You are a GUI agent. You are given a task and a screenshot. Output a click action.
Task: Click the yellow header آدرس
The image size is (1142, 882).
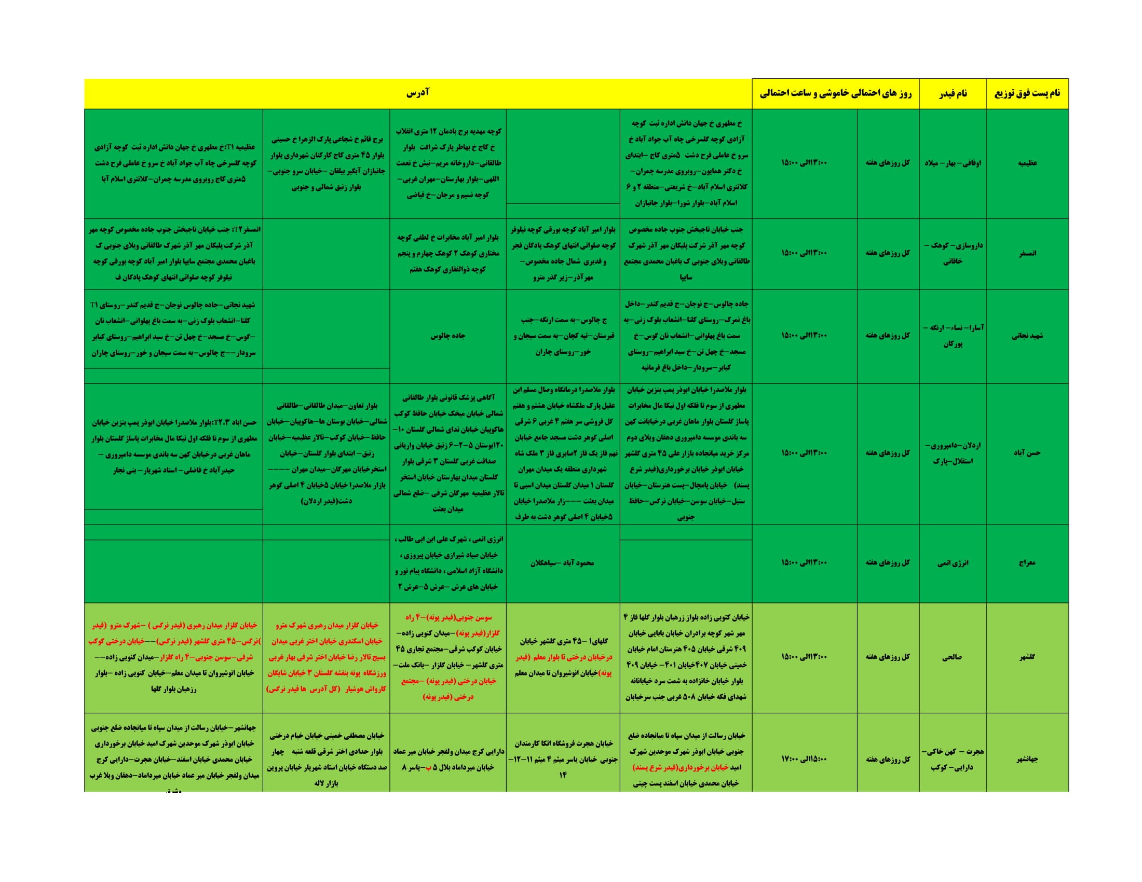point(418,93)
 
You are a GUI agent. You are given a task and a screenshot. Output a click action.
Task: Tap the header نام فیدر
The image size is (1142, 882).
point(952,93)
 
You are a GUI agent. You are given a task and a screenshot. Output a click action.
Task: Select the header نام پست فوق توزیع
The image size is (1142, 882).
point(1027,93)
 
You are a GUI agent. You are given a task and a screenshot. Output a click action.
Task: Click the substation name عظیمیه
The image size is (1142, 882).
point(1027,163)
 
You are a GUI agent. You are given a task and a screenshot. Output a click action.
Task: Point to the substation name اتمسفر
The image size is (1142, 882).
point(1027,253)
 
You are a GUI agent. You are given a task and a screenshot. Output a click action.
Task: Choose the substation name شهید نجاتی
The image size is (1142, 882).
point(1027,336)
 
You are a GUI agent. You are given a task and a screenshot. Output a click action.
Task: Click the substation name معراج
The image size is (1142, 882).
point(1027,563)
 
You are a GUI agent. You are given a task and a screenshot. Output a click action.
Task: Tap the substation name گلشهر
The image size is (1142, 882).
point(1027,657)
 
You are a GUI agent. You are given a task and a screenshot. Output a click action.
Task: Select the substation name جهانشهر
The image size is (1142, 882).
point(1027,759)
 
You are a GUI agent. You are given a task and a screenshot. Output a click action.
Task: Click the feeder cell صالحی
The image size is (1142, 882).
point(952,657)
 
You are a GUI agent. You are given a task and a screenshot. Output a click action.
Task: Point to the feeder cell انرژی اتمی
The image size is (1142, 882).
point(952,563)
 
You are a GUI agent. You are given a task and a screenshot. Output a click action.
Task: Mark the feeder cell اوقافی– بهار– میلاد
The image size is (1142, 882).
point(952,163)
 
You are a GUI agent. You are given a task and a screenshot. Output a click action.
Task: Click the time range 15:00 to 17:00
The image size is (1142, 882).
point(804,759)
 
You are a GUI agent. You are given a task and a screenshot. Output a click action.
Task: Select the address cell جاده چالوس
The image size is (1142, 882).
point(447,336)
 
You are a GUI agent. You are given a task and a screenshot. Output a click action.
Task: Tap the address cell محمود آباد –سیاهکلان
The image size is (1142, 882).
point(563,563)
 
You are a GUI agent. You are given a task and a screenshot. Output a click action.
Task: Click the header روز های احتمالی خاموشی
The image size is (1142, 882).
point(835,93)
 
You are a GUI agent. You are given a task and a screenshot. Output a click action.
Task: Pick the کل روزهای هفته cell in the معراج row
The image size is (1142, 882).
point(888,563)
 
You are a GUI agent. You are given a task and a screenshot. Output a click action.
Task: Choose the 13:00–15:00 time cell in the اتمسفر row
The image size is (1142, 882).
point(804,253)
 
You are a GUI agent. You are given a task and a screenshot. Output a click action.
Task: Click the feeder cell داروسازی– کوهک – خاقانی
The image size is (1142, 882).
point(952,253)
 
